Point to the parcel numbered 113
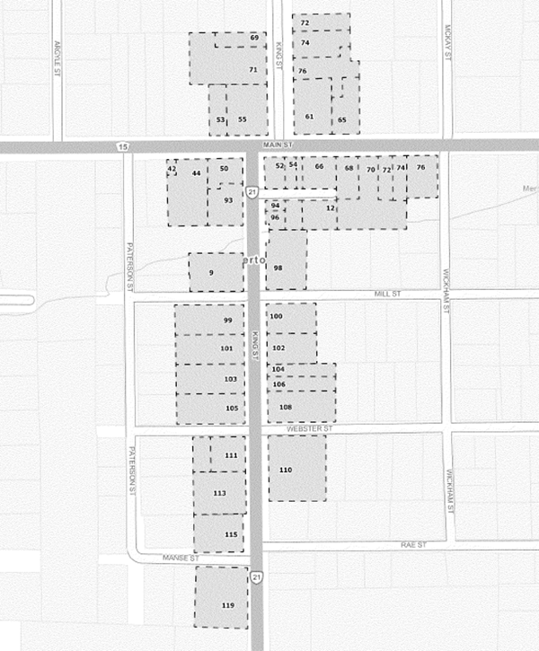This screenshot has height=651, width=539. click(x=219, y=492)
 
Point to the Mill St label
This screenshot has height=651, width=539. click(x=388, y=295)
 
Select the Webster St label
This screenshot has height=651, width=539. click(x=310, y=430)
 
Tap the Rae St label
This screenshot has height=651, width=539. click(x=414, y=545)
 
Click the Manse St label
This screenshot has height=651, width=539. click(x=180, y=559)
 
